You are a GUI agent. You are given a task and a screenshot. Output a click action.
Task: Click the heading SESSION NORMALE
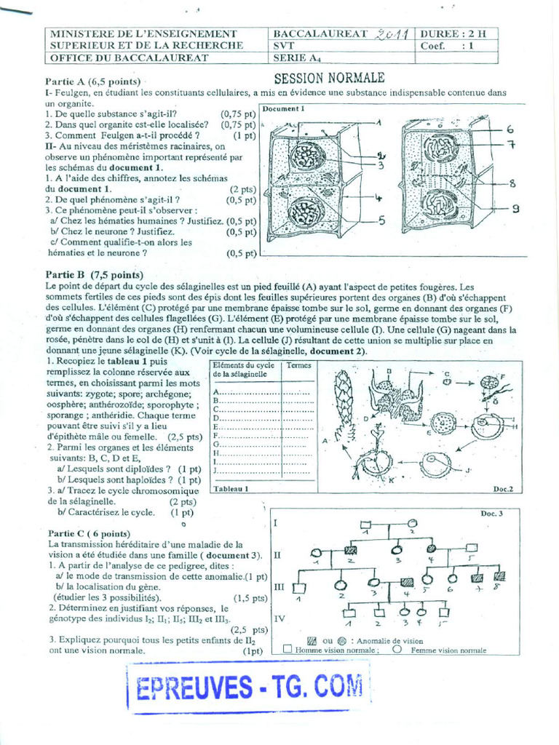pyautogui.click(x=329, y=79)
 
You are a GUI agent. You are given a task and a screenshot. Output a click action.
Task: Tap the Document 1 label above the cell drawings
pyautogui.click(x=284, y=108)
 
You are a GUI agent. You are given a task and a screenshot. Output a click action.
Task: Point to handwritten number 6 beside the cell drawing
pyautogui.click(x=510, y=129)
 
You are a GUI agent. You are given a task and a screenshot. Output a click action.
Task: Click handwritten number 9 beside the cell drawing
pyautogui.click(x=515, y=210)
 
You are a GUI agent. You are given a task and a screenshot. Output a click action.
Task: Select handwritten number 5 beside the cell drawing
pyautogui.click(x=381, y=221)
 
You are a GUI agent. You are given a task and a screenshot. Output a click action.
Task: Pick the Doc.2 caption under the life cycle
pyautogui.click(x=502, y=489)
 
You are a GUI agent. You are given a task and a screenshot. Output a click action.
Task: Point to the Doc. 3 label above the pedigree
pyautogui.click(x=491, y=514)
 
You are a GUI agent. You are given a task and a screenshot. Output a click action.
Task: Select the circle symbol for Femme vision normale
pyautogui.click(x=397, y=649)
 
